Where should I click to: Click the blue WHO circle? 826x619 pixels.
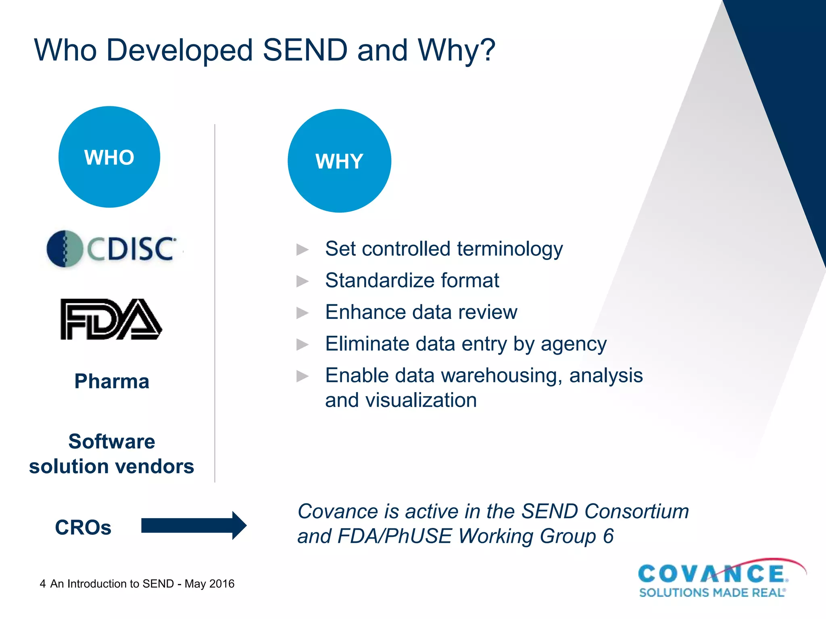(x=109, y=157)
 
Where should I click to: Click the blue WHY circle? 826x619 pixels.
(x=339, y=161)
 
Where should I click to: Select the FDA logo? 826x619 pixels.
(x=111, y=319)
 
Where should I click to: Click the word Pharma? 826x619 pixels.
(x=112, y=381)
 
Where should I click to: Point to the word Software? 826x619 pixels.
(x=112, y=441)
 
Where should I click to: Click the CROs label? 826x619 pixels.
(x=83, y=527)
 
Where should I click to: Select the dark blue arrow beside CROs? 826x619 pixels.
(x=194, y=526)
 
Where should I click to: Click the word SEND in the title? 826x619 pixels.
(x=305, y=50)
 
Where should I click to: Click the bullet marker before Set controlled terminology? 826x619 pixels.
(x=302, y=249)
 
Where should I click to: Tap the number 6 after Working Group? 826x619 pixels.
(x=608, y=536)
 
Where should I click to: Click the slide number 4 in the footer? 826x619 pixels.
(x=43, y=584)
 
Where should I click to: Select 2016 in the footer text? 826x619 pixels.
(x=222, y=584)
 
